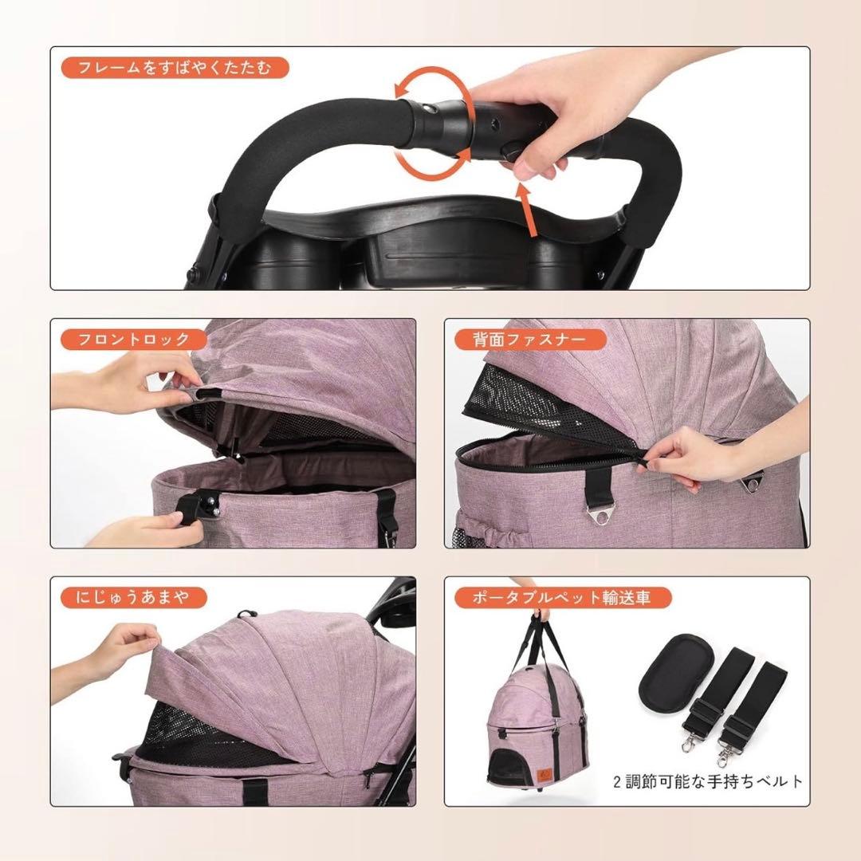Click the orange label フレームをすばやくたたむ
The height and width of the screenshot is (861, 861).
coord(175,68)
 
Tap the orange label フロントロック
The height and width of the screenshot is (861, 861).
coord(133,340)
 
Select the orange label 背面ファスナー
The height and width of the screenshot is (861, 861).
coord(530,340)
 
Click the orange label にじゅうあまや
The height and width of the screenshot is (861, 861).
coord(133,597)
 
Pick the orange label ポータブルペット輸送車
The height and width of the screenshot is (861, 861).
coord(563,597)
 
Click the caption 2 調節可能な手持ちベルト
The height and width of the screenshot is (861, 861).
coord(708,780)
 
